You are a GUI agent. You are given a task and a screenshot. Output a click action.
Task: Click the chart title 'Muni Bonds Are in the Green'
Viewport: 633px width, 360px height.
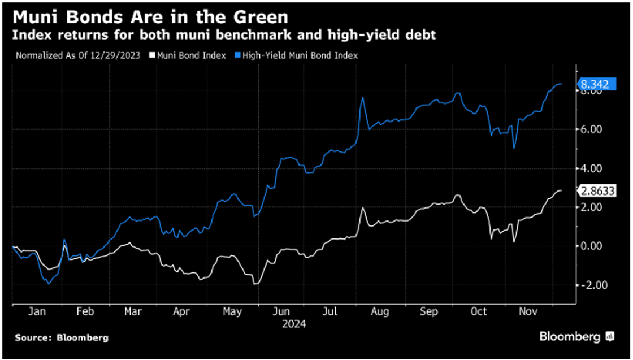coord(150,15)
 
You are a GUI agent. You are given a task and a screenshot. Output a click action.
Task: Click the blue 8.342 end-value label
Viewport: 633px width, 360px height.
coord(595,85)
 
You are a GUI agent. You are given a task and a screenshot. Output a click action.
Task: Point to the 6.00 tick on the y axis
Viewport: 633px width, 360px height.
coord(591,129)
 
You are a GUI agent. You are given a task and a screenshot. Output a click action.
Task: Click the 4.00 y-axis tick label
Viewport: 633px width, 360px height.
coord(591,168)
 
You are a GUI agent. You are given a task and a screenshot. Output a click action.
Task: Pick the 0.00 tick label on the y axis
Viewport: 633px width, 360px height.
coord(591,246)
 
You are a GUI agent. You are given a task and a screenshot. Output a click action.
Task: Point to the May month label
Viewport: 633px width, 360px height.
coord(232,311)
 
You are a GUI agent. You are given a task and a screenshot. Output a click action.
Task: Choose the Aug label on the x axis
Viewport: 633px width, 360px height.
coord(380,311)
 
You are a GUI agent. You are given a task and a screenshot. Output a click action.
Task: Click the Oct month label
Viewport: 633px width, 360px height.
coord(478,311)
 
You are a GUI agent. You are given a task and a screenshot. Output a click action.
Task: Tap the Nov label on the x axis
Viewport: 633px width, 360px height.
coord(528,311)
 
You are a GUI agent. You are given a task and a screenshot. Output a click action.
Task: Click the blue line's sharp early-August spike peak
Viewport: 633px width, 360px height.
coord(362,98)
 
